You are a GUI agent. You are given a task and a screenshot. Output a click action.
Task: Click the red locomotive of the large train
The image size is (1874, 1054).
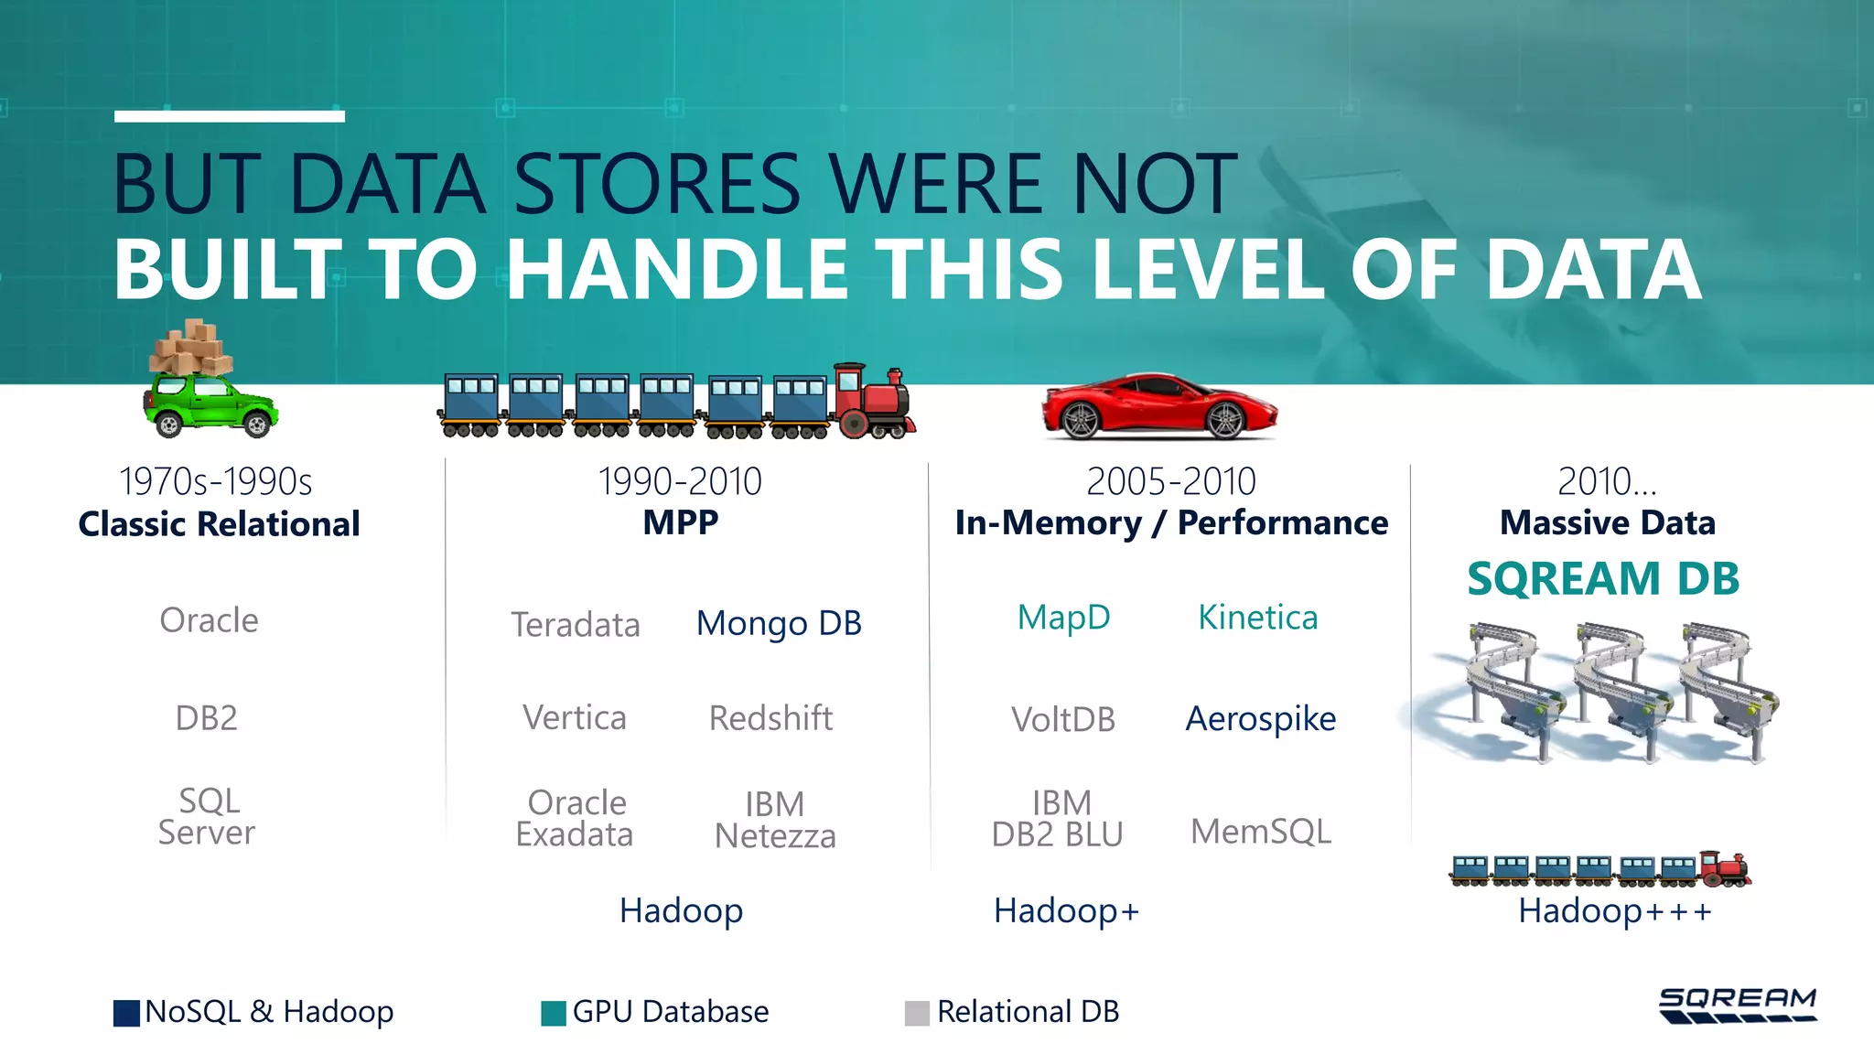pos(873,403)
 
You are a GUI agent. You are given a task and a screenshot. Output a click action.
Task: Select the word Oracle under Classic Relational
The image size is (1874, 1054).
pos(209,620)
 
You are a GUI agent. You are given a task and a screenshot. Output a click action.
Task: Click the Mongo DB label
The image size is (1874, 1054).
pos(779,623)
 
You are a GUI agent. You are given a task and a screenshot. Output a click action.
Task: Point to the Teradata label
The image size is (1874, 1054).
pos(576,625)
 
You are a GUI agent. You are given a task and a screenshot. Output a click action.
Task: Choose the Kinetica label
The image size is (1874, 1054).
pos(1257,618)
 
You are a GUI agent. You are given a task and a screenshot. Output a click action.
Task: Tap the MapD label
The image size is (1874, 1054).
pos(1063,618)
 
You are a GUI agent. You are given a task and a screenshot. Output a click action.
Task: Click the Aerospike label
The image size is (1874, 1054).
pos(1260,719)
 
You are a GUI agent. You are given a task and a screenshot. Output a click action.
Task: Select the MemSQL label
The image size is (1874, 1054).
pos(1260,832)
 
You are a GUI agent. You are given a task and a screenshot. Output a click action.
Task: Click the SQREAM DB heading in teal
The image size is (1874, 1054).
pos(1603,579)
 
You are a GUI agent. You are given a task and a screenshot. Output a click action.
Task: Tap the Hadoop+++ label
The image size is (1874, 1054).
pos(1614,911)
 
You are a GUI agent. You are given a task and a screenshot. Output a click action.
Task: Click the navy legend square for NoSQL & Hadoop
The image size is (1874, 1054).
pos(126,1013)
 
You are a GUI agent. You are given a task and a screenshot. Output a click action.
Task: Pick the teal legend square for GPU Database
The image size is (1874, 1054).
pos(554,1013)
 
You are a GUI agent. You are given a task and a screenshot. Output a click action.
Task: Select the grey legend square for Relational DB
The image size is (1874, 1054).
pos(917,1013)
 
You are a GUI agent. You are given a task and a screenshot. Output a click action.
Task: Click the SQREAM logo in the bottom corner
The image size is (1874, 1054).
pos(1737,1005)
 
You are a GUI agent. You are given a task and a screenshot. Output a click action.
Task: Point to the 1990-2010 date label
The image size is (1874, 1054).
pos(680,482)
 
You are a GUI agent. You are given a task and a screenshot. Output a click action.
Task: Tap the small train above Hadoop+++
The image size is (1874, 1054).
pos(1599,869)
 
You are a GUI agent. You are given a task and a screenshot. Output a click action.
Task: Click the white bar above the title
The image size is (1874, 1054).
pos(230,116)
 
